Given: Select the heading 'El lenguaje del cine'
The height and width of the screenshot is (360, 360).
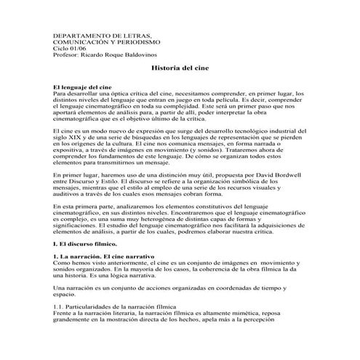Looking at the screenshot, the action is [81, 87].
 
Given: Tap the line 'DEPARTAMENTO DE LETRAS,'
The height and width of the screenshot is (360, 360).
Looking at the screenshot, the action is [103, 36].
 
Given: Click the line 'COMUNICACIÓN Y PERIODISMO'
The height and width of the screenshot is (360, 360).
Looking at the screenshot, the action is [108, 42].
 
